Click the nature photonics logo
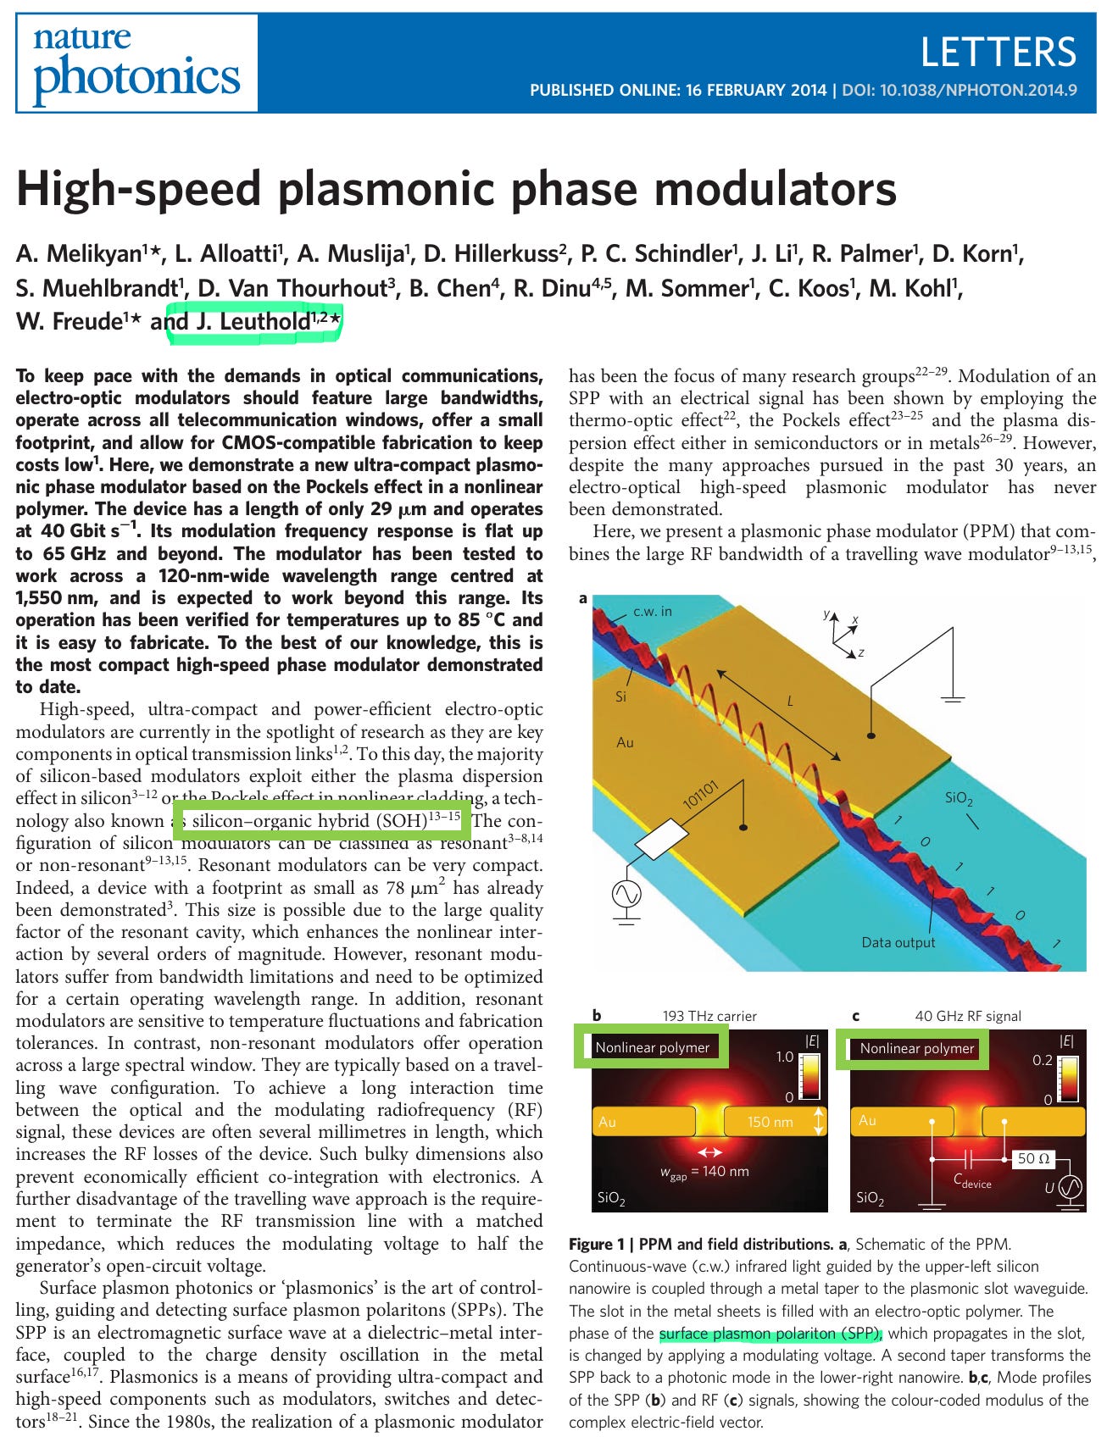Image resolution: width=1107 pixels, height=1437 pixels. coord(136,64)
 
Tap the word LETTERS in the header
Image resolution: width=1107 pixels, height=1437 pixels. coord(998,52)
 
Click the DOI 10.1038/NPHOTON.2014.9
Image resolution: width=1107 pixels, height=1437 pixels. coord(960,90)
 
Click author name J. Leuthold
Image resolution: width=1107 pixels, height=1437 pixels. coord(254,322)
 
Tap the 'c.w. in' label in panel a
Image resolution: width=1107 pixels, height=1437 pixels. coord(653,611)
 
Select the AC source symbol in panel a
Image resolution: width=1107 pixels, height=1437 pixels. coord(626,893)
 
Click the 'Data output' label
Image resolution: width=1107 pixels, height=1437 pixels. coord(898,942)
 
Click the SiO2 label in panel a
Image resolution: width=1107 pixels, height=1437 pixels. coord(959,799)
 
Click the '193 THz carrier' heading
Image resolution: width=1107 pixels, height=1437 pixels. coord(709,1016)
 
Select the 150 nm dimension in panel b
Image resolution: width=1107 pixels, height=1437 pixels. coord(770,1122)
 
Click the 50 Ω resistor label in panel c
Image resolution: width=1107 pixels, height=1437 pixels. coord(1032,1158)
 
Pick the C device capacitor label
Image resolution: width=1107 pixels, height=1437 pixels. coord(971,1181)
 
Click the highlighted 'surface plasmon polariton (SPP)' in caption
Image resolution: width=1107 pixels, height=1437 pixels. coord(770,1334)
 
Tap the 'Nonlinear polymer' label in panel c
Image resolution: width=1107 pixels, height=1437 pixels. coord(916,1048)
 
